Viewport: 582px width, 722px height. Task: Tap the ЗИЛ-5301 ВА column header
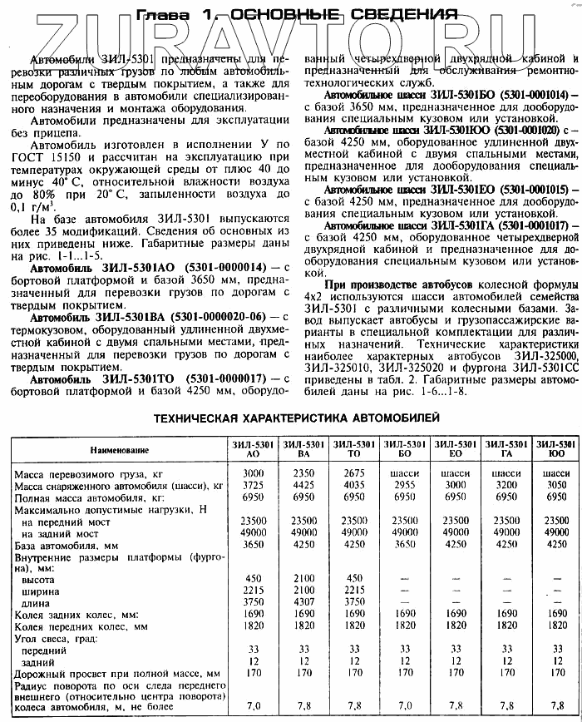pyautogui.click(x=303, y=450)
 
